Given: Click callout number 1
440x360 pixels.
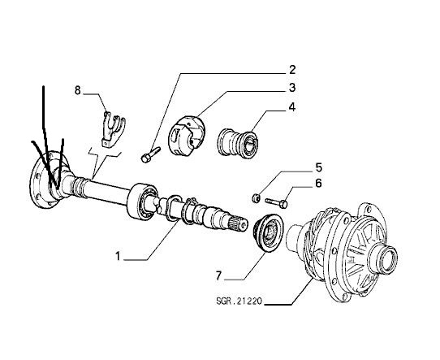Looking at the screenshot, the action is [x=119, y=256].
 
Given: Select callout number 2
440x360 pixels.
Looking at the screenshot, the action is [x=292, y=70].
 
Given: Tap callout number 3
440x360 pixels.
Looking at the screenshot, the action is [x=292, y=88].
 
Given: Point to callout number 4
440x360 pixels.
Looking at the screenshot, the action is [x=292, y=107].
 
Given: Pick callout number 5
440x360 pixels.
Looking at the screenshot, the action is [x=318, y=167].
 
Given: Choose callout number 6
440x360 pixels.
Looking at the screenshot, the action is [x=318, y=183].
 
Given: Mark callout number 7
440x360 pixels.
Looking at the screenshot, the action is [x=219, y=275].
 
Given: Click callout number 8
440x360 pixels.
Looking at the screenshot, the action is [x=77, y=90].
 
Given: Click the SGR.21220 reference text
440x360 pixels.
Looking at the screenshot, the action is [x=239, y=301].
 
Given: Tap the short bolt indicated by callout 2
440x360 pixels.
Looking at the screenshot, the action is [x=150, y=154].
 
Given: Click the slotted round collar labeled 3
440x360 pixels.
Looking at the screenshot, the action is [x=186, y=136].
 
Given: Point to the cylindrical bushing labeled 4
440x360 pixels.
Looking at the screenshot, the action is [x=239, y=143].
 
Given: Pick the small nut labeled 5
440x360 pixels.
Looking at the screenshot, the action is [x=256, y=198].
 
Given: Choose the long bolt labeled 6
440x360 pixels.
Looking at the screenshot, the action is [x=276, y=202].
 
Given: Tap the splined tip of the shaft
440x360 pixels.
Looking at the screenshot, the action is [x=238, y=223].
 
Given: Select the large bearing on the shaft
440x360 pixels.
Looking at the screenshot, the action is [x=142, y=201].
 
